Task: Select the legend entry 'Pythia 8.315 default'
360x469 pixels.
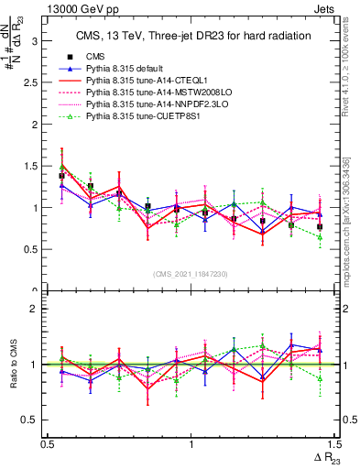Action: [128, 69]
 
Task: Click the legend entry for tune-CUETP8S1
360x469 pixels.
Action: [137, 116]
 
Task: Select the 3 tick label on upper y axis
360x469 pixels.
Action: [36, 41]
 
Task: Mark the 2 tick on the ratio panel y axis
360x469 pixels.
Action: [36, 309]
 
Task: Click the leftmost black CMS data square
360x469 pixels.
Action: [61, 175]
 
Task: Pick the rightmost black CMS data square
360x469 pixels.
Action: [320, 226]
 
